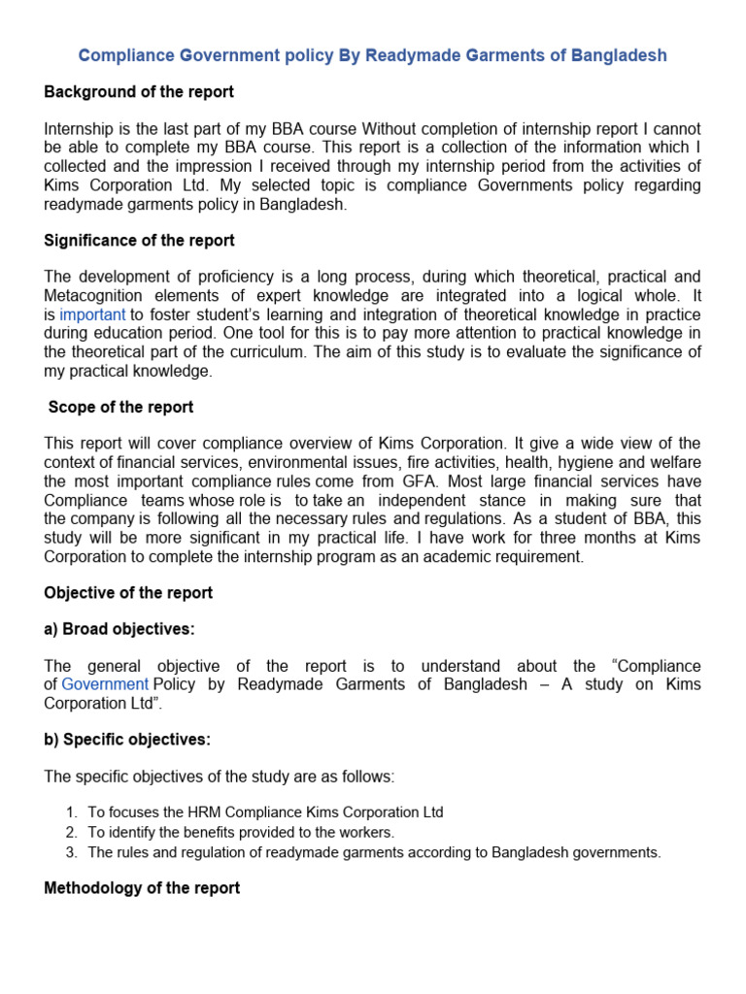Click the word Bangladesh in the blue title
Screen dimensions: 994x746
coord(620,55)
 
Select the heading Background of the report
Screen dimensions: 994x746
coord(139,92)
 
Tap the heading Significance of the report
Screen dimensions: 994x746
coord(140,240)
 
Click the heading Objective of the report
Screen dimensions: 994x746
coord(128,592)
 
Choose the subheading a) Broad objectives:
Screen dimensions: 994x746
coord(119,629)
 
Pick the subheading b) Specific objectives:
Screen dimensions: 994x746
coord(127,740)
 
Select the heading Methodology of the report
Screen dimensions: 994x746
coord(142,887)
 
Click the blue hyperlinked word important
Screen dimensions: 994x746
coord(92,315)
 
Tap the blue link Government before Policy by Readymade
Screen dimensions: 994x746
coord(105,684)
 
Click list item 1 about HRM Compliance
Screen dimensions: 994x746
coord(265,812)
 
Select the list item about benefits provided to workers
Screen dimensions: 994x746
coord(241,833)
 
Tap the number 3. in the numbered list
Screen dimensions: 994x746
coord(71,853)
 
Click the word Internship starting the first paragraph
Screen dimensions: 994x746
coord(81,129)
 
